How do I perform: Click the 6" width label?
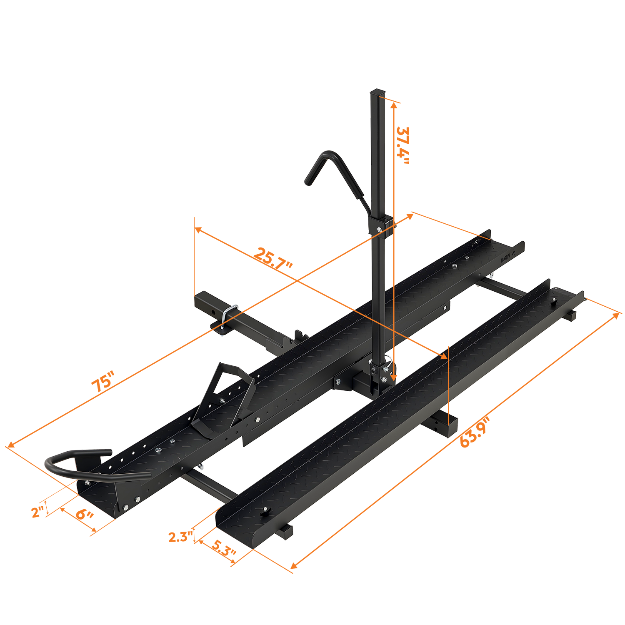[85, 514]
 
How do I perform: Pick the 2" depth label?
[38, 512]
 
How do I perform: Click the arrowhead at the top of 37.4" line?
[393, 106]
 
